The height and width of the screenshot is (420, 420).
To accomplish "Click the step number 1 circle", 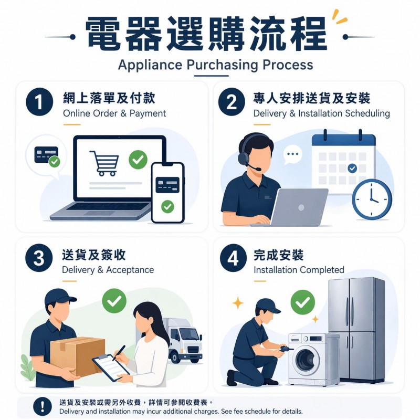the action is tap(39, 102).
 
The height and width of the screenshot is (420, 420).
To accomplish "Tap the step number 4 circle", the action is tap(233, 258).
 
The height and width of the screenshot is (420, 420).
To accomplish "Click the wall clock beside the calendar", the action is tap(372, 199).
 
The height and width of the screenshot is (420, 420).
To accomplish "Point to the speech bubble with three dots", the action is tap(292, 154).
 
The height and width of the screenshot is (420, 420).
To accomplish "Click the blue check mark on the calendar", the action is tap(352, 168).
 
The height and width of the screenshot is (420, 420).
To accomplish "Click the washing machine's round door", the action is tap(306, 360).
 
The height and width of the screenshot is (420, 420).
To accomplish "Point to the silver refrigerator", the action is tap(357, 330).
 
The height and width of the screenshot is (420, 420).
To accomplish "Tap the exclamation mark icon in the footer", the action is tap(43, 406).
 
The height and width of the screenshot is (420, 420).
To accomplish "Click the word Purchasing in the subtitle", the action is tap(222, 65).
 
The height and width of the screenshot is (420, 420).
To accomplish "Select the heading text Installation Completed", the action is tap(299, 270).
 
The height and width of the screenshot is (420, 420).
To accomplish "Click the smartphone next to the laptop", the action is tap(168, 193).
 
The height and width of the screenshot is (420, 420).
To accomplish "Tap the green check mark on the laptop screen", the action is tap(138, 160).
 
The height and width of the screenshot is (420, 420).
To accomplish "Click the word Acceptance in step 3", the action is tap(130, 270).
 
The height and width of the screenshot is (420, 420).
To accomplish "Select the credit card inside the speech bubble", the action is tap(46, 155).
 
